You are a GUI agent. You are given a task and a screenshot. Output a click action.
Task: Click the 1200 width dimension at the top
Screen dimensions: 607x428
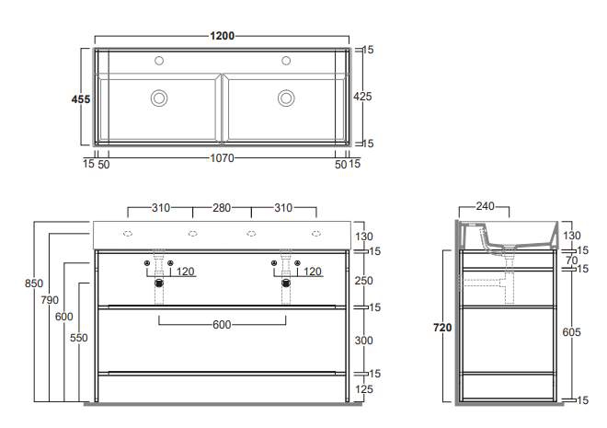tap(222, 36)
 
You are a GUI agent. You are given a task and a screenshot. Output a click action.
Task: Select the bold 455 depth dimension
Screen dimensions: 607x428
tap(81, 99)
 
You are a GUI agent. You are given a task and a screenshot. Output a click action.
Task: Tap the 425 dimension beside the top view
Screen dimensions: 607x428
tap(362, 97)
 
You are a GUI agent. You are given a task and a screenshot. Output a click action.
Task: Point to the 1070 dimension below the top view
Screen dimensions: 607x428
tap(222, 158)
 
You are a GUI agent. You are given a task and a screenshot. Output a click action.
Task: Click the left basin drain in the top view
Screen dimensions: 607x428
tap(159, 98)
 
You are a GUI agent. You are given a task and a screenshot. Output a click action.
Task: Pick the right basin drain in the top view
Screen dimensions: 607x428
tap(286, 98)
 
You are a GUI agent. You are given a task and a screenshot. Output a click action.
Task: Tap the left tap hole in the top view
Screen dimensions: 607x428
tap(159, 61)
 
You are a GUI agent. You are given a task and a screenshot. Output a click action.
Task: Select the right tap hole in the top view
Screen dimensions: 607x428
tap(286, 61)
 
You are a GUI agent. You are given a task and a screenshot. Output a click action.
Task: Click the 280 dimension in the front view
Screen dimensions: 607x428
tap(222, 208)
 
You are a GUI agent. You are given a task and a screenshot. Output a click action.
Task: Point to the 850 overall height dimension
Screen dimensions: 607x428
tap(34, 283)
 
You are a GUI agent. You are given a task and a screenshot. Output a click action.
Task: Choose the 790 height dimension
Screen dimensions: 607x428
tap(50, 300)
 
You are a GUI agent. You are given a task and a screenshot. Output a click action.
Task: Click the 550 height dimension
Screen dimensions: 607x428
tap(78, 338)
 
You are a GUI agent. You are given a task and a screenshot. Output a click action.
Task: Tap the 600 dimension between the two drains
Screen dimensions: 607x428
tap(222, 325)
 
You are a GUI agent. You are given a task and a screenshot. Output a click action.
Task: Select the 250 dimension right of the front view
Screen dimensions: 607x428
tap(363, 281)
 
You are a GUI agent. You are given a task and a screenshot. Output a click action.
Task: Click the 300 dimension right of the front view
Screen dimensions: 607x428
tap(363, 341)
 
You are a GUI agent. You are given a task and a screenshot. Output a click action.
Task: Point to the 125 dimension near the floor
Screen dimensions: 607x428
tap(363, 389)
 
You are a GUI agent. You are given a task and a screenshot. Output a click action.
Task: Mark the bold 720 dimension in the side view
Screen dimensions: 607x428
tap(442, 328)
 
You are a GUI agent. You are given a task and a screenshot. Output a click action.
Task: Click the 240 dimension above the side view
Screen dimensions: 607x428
tap(485, 206)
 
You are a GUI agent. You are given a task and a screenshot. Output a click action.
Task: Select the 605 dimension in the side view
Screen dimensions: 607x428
tap(571, 332)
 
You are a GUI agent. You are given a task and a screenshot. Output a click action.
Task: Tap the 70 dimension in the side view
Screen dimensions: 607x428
tap(572, 260)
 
